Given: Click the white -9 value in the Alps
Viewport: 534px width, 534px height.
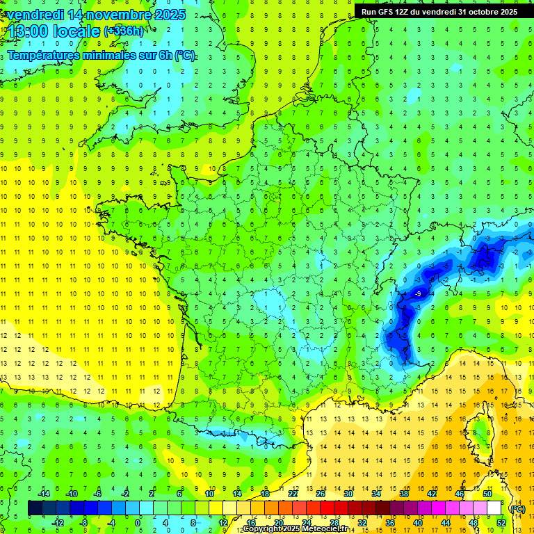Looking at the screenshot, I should click(417, 294).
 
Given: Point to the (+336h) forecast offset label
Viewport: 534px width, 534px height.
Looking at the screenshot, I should click(124, 31).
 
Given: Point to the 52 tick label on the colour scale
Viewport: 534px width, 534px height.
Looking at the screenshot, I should click(501, 522).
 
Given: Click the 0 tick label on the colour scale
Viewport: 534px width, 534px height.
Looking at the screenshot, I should click(138, 522).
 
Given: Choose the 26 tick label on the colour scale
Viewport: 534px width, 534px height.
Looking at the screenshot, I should click(321, 494).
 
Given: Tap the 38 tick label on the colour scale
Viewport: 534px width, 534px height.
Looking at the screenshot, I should click(404, 494).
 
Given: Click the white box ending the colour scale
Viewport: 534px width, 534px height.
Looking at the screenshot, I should click(494, 508).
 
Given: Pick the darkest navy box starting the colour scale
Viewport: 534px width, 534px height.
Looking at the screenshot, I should click(35, 508).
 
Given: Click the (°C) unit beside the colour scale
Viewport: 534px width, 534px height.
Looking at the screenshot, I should click(518, 508).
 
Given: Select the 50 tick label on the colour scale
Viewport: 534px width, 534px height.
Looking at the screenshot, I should click(487, 494).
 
